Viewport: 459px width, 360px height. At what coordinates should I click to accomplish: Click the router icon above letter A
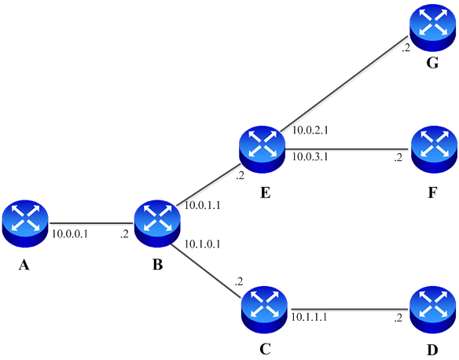25,223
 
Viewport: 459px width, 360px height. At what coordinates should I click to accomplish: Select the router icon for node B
157,223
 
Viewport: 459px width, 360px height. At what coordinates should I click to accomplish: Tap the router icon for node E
262,149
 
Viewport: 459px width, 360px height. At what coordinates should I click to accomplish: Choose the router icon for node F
434,149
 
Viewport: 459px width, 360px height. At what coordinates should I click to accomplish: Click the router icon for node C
264,310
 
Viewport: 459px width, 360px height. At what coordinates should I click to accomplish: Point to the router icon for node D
432,310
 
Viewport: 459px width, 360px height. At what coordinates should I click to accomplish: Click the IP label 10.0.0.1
70,234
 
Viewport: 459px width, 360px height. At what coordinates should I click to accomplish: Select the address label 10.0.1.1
202,205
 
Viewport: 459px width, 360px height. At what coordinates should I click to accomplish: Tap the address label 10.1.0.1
202,244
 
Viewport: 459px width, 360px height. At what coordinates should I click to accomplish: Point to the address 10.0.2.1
310,130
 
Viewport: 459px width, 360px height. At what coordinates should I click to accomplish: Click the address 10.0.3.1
310,157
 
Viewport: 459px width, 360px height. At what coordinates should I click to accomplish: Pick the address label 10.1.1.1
309,317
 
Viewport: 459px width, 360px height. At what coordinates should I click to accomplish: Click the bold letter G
432,63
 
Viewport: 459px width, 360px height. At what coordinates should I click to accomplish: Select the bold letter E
265,193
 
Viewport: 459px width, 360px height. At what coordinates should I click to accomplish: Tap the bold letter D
432,350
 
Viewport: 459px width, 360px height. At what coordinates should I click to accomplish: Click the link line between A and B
91,224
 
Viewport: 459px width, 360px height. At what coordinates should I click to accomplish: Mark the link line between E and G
344,84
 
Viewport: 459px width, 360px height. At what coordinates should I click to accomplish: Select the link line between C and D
349,309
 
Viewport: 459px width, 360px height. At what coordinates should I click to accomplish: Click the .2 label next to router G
406,48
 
